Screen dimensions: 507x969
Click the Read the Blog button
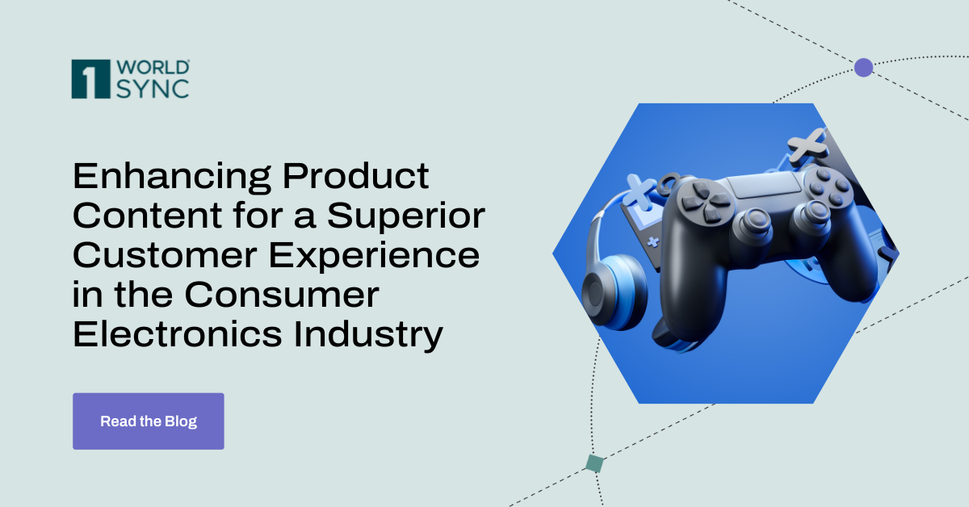pos(148,421)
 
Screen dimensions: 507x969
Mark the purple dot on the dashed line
pos(863,67)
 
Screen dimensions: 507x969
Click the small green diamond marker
pos(594,463)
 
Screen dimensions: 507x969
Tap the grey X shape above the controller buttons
pos(805,145)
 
